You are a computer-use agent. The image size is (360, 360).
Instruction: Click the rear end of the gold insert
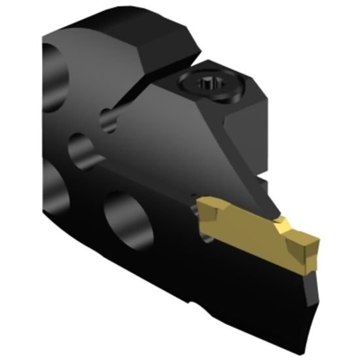[204, 209]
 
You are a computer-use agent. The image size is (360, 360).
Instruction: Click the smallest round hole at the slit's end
[107, 118]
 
